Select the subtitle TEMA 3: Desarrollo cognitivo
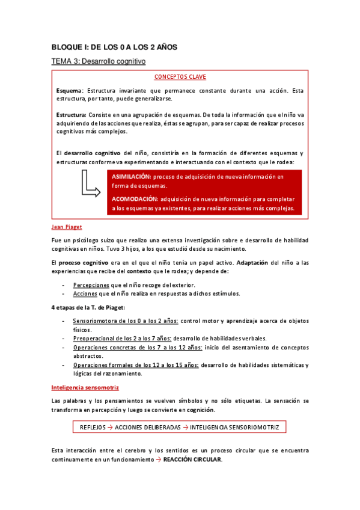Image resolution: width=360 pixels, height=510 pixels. pyautogui.click(x=98, y=61)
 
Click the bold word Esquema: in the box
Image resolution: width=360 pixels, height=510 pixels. pyautogui.click(x=70, y=90)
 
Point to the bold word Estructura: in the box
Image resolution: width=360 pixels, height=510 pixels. pyautogui.click(x=72, y=114)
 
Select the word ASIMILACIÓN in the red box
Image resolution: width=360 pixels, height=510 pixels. pyautogui.click(x=131, y=177)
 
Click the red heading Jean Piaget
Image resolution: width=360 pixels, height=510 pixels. pyautogui.click(x=67, y=227)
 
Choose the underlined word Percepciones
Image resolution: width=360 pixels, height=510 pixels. pyautogui.click(x=91, y=284)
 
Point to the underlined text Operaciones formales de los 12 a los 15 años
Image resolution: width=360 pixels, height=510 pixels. pyautogui.click(x=135, y=364)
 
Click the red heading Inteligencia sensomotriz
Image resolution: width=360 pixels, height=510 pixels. pyautogui.click(x=85, y=387)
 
